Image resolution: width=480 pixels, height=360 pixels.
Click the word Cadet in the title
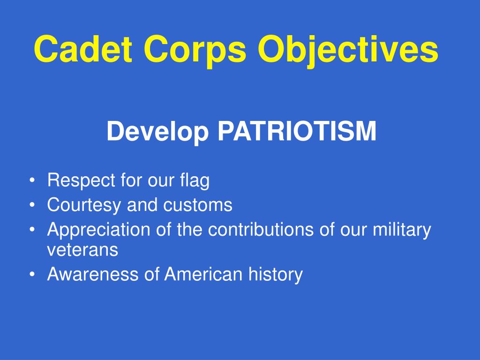pos(83,49)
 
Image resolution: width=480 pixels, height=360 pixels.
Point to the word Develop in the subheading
pos(157,132)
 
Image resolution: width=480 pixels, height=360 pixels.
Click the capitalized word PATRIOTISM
pos(297,131)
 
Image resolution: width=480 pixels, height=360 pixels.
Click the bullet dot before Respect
pos(32,180)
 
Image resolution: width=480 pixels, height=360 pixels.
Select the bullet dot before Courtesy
pos(32,205)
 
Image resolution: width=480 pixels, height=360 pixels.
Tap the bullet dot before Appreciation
pos(32,230)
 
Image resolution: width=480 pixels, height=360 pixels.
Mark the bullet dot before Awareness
pos(32,274)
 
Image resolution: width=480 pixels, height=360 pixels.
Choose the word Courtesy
pos(84,206)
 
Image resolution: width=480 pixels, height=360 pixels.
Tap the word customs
pos(198,205)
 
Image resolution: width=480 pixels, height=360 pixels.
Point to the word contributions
pos(261,229)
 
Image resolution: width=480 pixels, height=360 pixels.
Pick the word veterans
pos(82,250)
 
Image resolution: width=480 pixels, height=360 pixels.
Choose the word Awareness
pos(93,274)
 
